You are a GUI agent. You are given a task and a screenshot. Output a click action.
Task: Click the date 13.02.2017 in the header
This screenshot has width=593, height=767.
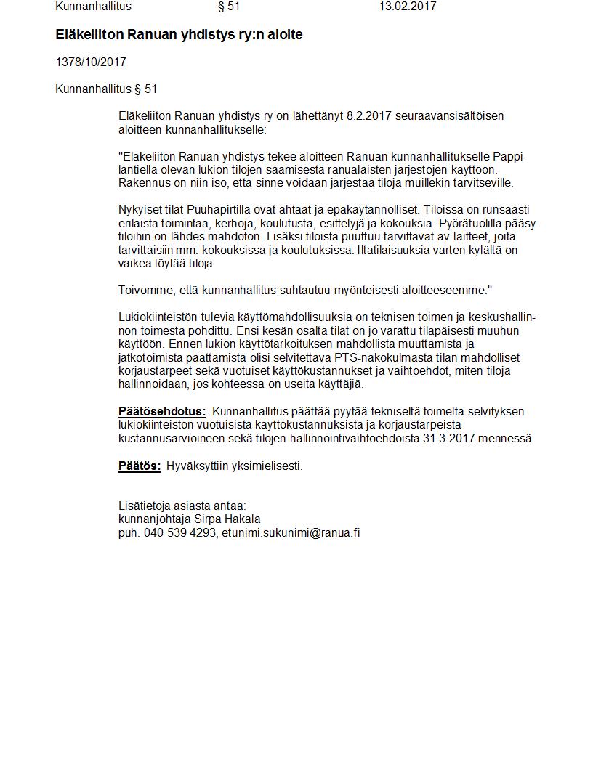(x=407, y=7)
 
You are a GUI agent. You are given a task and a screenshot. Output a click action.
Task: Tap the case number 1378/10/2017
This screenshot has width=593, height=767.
(x=91, y=62)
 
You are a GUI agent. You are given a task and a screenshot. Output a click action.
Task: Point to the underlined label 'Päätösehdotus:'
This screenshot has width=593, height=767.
(x=162, y=412)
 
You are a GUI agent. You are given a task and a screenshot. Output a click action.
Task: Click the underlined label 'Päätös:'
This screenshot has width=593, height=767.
(x=140, y=466)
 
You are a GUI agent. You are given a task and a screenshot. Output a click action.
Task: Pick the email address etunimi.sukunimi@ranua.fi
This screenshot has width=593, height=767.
(x=291, y=533)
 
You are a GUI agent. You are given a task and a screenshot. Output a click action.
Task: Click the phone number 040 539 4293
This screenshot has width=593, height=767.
(x=180, y=533)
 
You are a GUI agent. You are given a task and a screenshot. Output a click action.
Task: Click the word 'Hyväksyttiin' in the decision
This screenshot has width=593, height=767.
(x=197, y=466)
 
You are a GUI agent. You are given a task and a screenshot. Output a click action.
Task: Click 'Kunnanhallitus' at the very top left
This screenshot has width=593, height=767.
(x=93, y=7)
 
